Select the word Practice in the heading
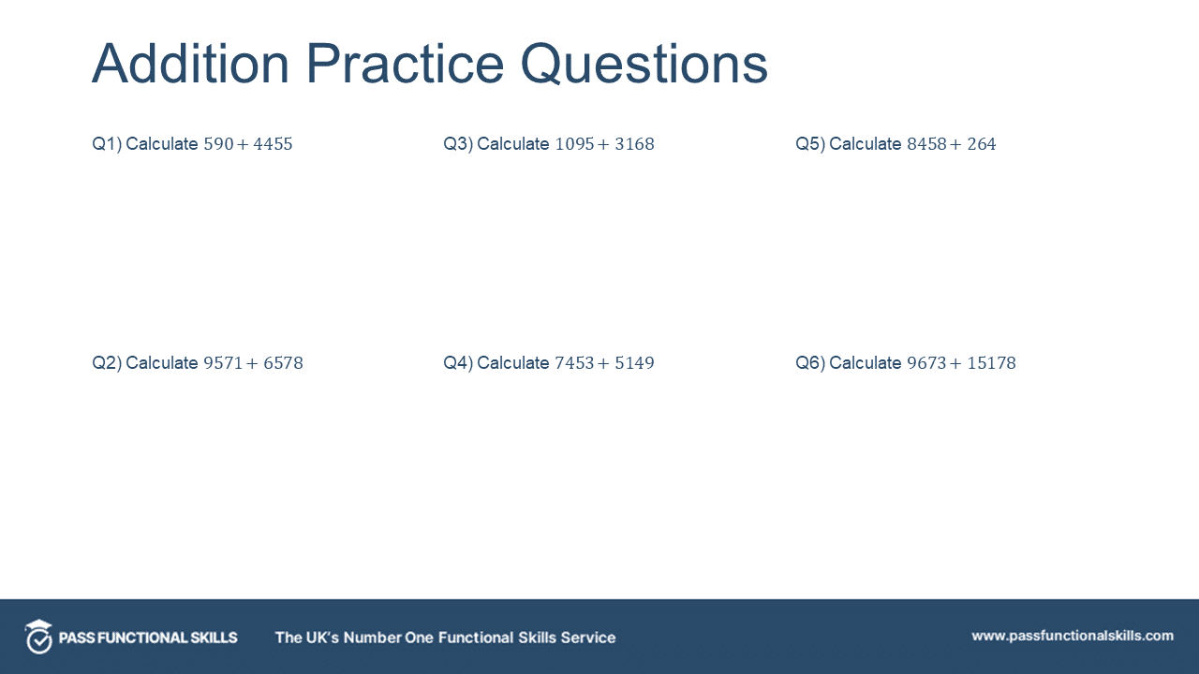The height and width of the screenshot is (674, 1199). click(x=405, y=64)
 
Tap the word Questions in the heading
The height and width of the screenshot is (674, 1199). click(x=644, y=66)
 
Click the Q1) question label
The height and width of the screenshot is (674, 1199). click(x=106, y=144)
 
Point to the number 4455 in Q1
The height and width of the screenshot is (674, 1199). click(x=273, y=144)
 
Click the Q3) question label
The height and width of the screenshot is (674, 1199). click(x=458, y=144)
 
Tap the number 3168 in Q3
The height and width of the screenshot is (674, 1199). click(x=634, y=144)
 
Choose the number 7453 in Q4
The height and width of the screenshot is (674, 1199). click(x=575, y=363)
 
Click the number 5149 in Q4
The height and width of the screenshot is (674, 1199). click(x=634, y=363)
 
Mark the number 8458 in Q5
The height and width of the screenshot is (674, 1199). click(x=926, y=144)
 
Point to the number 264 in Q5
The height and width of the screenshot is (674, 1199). click(x=982, y=144)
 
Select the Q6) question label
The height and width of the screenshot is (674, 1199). click(x=810, y=363)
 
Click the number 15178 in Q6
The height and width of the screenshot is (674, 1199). click(x=991, y=363)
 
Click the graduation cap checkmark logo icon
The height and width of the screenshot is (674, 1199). click(x=38, y=637)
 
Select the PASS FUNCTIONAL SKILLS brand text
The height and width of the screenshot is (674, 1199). click(x=148, y=637)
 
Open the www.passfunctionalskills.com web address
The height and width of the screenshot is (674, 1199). click(x=1072, y=636)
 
